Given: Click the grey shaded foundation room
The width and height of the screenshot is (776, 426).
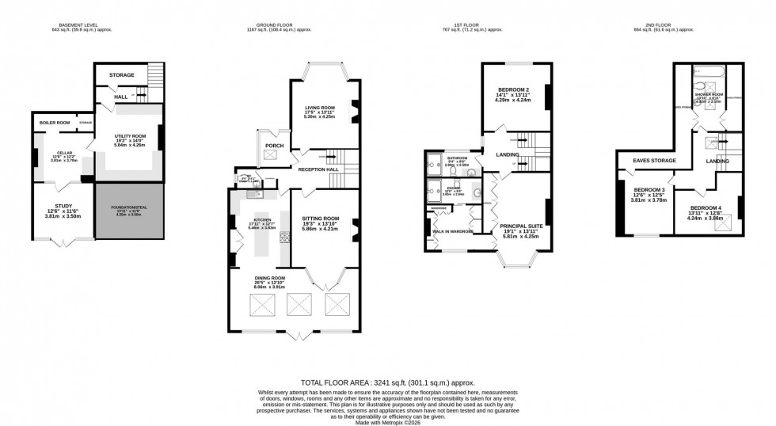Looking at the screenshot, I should coord(128,211).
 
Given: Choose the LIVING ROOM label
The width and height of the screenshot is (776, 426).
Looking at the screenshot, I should coord(321,108).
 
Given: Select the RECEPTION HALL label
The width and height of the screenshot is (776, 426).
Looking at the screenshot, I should coord(318,169).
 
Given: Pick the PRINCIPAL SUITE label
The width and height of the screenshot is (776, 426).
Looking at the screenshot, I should coord(519,226).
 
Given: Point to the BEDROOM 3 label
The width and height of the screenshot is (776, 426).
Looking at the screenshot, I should coord(648,190).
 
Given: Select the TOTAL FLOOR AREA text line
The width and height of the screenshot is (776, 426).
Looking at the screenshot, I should coord(388,381).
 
